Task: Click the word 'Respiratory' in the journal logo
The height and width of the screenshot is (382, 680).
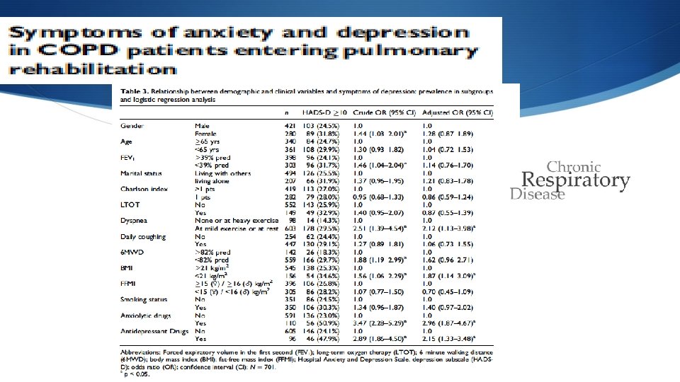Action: [575, 181]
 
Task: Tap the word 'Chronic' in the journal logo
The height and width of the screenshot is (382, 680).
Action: [574, 168]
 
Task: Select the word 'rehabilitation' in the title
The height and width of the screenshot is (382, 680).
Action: [92, 69]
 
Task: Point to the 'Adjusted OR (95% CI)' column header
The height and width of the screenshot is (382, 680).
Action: [458, 113]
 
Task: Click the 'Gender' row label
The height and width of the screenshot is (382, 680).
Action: [132, 126]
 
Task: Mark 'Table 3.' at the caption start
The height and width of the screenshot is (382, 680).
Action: [135, 93]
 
